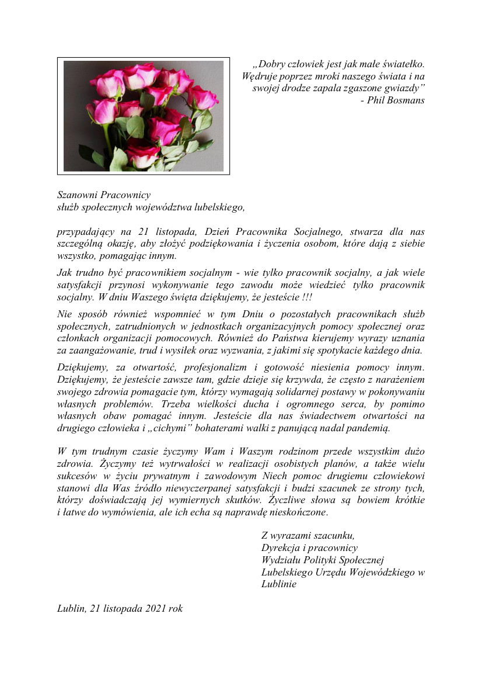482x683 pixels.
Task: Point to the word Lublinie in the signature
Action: click(x=279, y=584)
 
